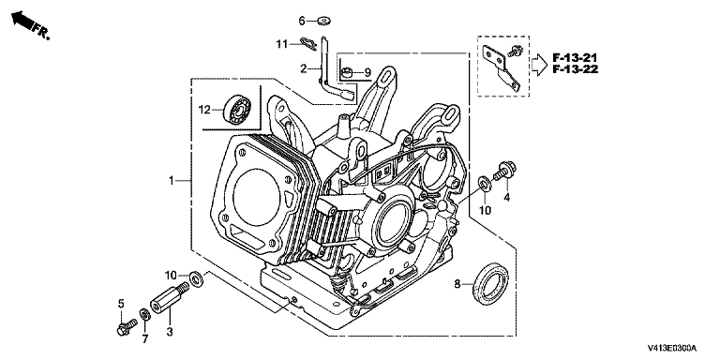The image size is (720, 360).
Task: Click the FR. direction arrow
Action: [x=22, y=21]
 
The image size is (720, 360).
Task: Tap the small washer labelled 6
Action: [x=324, y=21]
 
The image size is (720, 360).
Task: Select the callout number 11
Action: [x=282, y=45]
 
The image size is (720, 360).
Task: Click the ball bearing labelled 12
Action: [x=237, y=110]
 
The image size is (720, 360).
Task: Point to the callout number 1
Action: [x=171, y=181]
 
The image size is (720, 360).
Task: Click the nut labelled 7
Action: [x=144, y=315]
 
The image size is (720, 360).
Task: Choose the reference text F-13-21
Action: [x=574, y=58]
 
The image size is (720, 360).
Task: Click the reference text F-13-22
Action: [x=575, y=69]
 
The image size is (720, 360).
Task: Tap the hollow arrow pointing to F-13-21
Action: [x=539, y=64]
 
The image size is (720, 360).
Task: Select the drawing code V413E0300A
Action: [x=672, y=348]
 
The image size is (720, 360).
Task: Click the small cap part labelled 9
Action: [x=348, y=72]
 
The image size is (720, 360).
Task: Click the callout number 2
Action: [x=303, y=68]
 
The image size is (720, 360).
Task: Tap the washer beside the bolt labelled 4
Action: [x=484, y=182]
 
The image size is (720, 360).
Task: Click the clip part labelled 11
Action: [x=307, y=43]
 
